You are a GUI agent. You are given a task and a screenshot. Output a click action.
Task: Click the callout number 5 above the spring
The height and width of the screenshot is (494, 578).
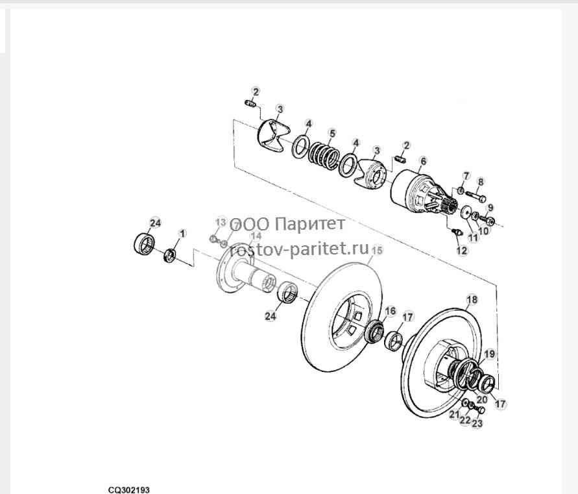333,133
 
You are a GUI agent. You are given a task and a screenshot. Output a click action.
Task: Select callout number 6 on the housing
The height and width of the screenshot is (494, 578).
423,161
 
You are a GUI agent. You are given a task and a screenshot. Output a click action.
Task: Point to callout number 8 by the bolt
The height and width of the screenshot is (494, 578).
480,182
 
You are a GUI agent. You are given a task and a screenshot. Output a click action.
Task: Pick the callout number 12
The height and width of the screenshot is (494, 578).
462,251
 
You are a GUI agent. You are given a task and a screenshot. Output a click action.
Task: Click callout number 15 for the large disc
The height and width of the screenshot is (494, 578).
377,250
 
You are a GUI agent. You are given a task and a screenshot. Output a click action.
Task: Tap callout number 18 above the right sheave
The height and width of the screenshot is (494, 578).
472,299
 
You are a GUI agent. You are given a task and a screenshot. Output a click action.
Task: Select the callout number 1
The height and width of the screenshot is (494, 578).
182,234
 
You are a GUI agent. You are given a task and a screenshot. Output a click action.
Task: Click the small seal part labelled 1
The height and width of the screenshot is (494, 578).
169,256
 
